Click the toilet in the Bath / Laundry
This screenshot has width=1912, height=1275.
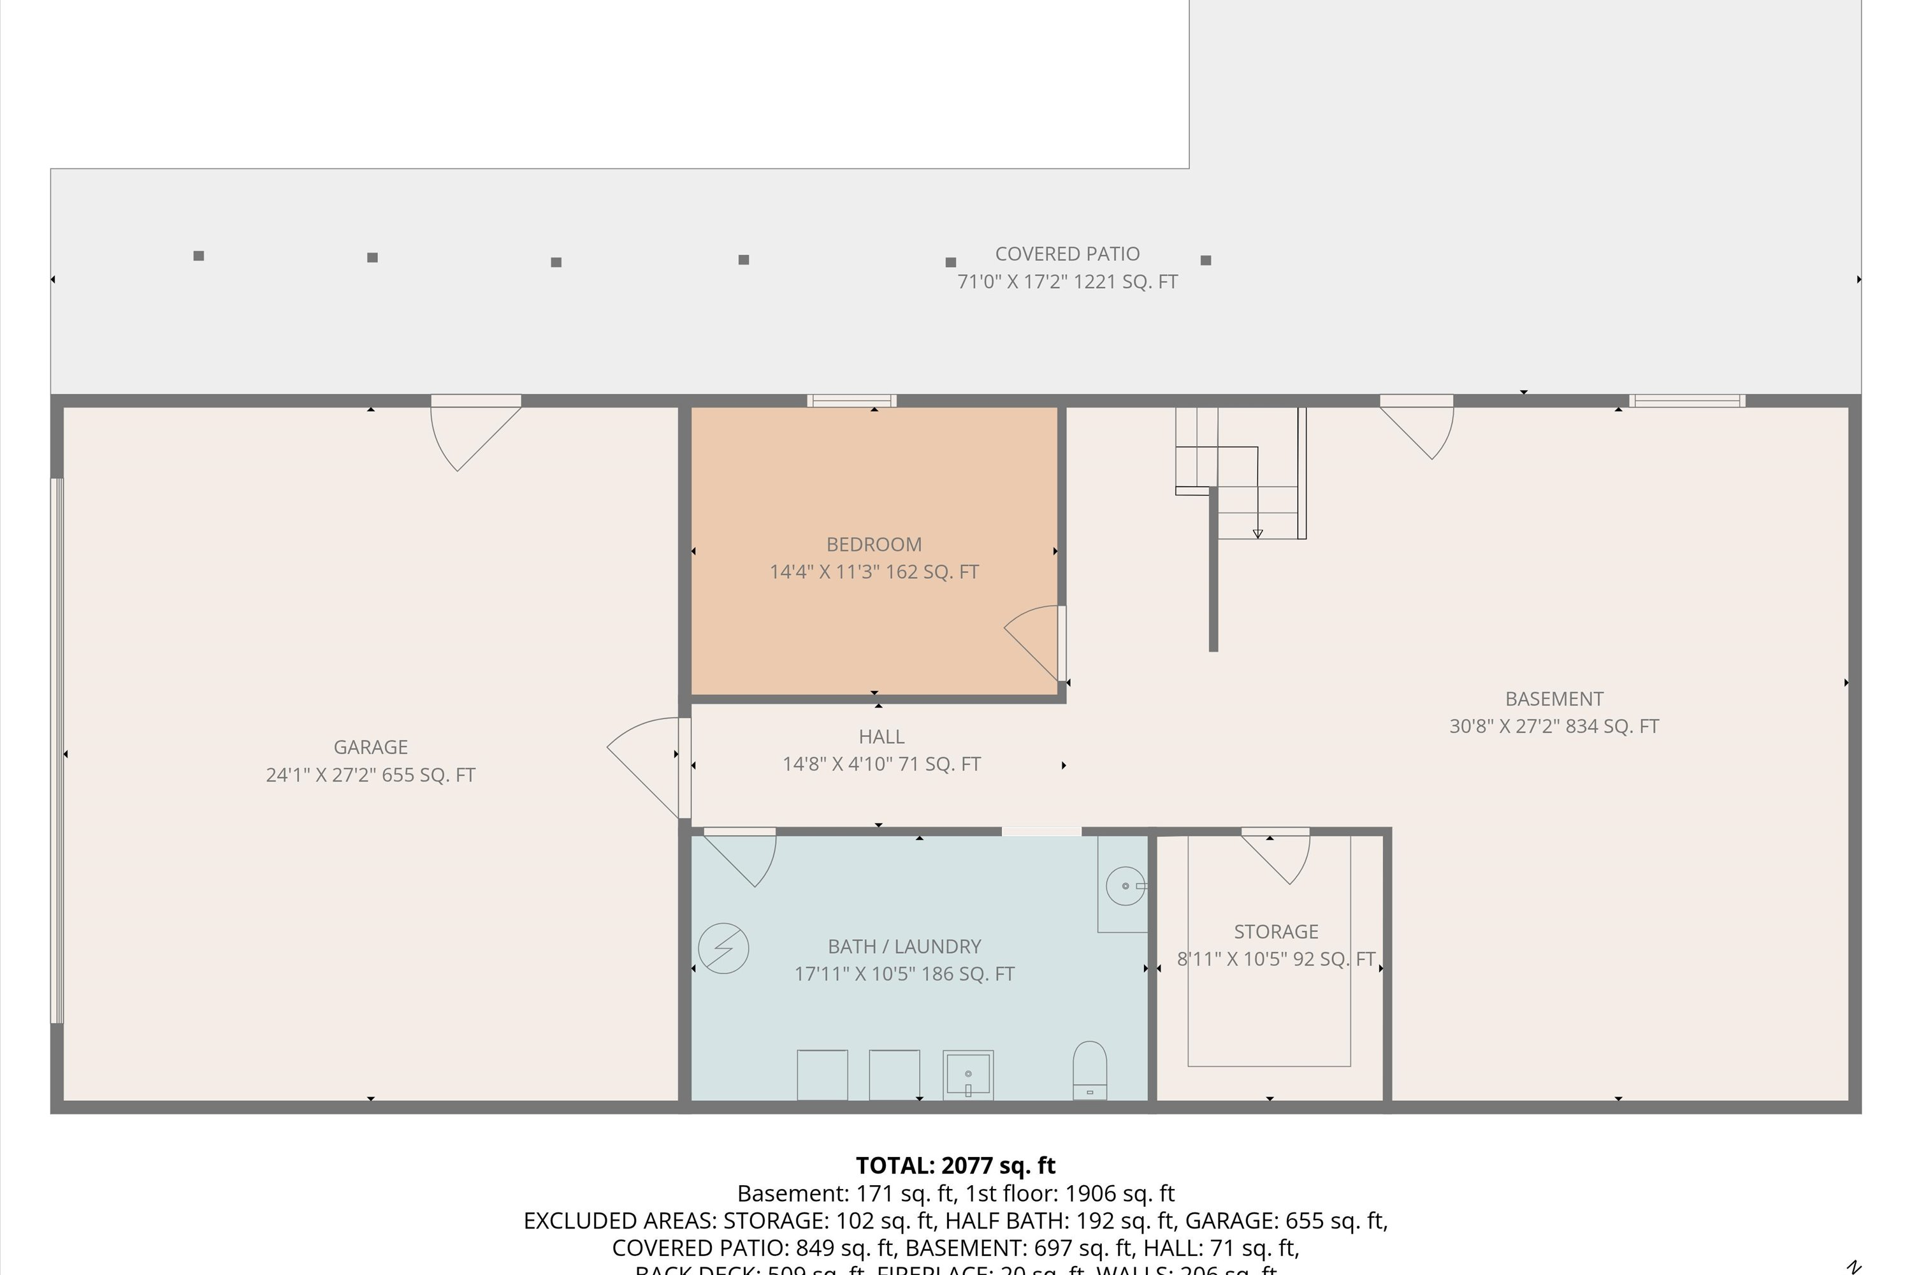1089,1068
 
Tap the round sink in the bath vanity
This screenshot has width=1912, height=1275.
1126,885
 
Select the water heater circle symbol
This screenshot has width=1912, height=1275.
723,947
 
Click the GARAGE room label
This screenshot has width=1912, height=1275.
371,747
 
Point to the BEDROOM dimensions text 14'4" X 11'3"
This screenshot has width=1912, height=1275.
874,572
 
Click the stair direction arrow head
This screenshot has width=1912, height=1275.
1257,534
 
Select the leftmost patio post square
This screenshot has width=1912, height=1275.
198,256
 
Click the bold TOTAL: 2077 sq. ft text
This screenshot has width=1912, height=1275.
955,1165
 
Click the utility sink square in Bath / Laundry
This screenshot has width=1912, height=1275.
967,1074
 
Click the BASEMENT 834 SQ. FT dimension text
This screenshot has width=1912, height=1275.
1554,726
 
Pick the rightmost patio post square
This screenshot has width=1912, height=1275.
1206,260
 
